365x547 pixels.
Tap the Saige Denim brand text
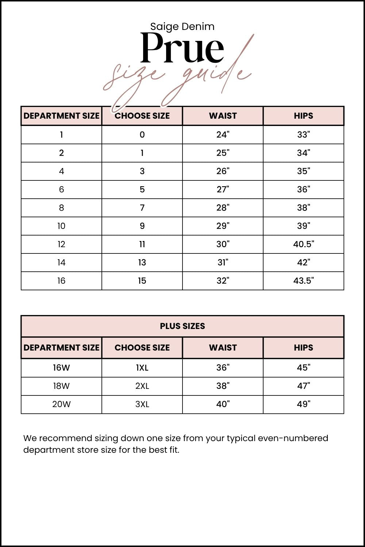coord(182,26)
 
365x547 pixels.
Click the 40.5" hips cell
coord(303,244)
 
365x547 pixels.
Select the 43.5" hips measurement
coord(303,281)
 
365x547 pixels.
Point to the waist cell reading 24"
coord(223,135)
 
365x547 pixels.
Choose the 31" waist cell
coord(223,263)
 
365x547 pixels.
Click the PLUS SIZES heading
coord(182,326)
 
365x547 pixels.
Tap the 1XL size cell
coord(142,368)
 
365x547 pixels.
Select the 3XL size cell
coord(142,404)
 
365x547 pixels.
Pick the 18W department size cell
coord(61,386)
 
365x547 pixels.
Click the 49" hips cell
coord(303,404)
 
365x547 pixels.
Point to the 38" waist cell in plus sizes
coord(223,386)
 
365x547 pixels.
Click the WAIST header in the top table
coord(223,116)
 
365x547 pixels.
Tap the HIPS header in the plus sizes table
coord(303,348)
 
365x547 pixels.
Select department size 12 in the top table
coord(61,244)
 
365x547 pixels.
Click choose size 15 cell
coord(142,281)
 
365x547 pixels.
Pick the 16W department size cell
coord(61,368)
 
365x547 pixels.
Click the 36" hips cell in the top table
coord(303,190)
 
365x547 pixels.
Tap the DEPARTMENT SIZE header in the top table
coord(61,116)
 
